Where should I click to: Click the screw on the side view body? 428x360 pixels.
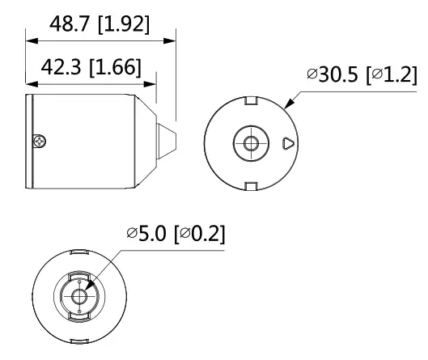[39, 142]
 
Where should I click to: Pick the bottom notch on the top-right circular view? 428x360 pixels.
[249, 187]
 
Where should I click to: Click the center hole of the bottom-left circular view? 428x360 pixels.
[78, 296]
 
